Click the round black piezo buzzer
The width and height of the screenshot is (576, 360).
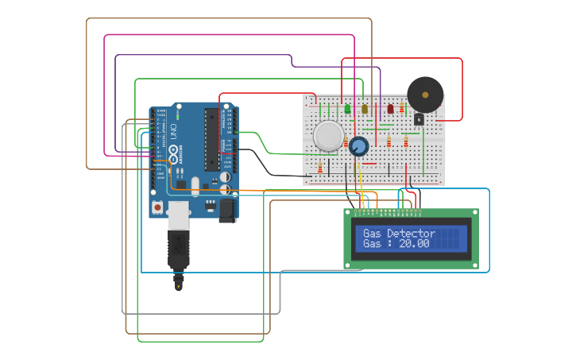pos(425,95)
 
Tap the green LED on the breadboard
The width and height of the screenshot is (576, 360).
pos(347,109)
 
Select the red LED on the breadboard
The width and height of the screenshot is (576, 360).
pos(390,109)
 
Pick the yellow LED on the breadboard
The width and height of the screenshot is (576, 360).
pos(365,109)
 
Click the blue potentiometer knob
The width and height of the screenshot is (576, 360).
pos(359,146)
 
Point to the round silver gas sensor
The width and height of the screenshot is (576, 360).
pos(328,136)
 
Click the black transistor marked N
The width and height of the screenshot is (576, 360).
pos(419,119)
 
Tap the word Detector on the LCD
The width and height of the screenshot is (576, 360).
pos(411,234)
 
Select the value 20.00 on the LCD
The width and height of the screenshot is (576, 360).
pos(413,244)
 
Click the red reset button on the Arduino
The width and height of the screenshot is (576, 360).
pos(157,207)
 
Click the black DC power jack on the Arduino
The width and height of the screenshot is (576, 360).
pos(227,210)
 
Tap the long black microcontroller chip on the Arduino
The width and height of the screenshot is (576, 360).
pos(211,140)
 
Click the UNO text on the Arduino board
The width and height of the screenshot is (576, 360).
pos(173,131)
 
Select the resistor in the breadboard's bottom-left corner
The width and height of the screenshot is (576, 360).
pos(319,168)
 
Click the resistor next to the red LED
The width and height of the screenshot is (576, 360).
pos(402,109)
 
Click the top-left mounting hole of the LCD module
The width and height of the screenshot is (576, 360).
pos(347,213)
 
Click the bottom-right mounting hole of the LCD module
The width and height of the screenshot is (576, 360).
pos(474,265)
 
